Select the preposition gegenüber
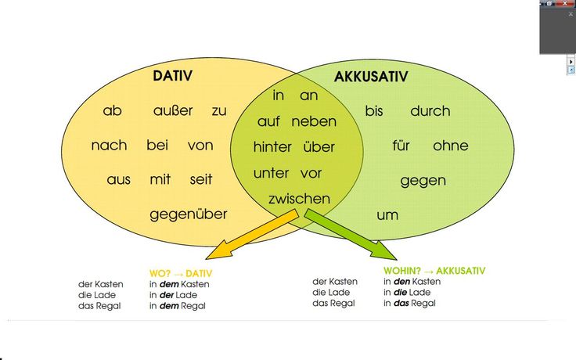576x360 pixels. click(189, 214)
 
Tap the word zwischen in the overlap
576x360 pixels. click(299, 199)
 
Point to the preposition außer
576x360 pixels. click(173, 111)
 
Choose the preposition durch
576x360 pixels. click(430, 111)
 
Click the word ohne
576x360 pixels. click(450, 146)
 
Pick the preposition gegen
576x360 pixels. click(423, 181)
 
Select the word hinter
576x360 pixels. click(272, 147)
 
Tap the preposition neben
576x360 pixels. click(314, 121)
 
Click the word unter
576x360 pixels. click(271, 173)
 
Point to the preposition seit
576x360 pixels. click(201, 179)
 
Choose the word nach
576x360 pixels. click(109, 146)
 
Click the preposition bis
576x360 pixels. click(374, 111)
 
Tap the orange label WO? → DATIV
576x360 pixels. click(181, 273)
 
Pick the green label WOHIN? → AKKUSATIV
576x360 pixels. click(434, 270)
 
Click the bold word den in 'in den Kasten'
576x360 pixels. click(401, 282)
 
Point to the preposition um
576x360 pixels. click(387, 214)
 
